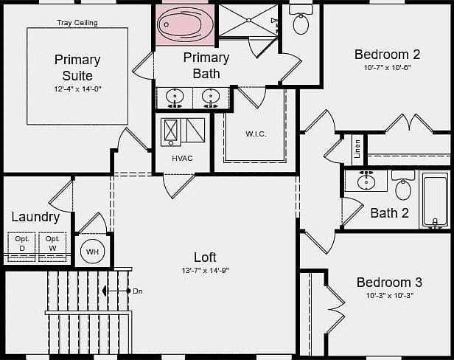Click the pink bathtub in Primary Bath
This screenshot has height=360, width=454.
(185, 24)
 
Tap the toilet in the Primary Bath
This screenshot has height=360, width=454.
(301, 20)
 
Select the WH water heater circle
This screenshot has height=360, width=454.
(92, 252)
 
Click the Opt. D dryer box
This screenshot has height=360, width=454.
(21, 246)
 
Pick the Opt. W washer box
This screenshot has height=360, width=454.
(52, 246)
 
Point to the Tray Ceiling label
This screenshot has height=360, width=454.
(77, 23)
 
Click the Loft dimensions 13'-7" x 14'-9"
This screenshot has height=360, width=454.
(206, 271)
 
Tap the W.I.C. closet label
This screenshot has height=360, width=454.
(256, 134)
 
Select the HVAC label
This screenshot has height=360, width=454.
(182, 159)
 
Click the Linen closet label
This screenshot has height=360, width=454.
(357, 149)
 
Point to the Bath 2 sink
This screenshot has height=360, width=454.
(366, 181)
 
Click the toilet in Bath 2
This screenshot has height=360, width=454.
(402, 185)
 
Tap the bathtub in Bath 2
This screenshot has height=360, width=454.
(435, 199)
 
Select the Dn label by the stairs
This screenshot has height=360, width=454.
(138, 291)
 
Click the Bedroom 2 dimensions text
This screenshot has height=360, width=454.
(388, 68)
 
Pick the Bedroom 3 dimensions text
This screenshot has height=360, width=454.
(389, 296)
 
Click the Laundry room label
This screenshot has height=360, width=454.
(35, 218)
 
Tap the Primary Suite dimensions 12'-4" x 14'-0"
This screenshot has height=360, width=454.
(77, 89)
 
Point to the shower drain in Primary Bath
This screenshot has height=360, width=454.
(248, 21)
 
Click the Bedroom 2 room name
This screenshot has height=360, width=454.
(387, 55)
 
